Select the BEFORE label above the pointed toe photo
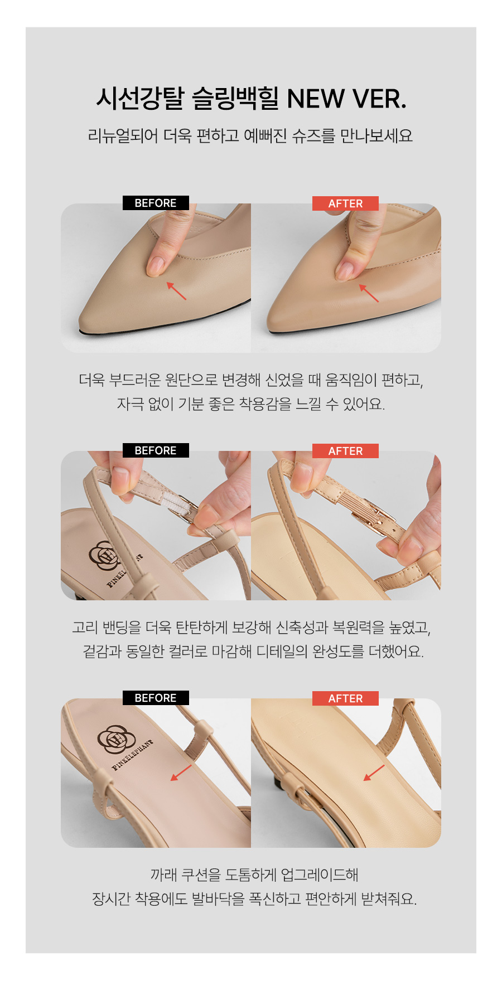[156, 203]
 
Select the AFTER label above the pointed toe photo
[345, 203]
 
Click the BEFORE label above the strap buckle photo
[156, 450]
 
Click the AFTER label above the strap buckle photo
[345, 451]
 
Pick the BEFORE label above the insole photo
[156, 698]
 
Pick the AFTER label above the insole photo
[345, 698]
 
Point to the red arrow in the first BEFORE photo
[176, 291]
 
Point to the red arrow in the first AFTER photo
[368, 293]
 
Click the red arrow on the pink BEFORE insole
[181, 773]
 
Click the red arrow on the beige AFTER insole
[374, 773]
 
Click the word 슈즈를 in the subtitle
[313, 135]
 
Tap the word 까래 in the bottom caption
[163, 875]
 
